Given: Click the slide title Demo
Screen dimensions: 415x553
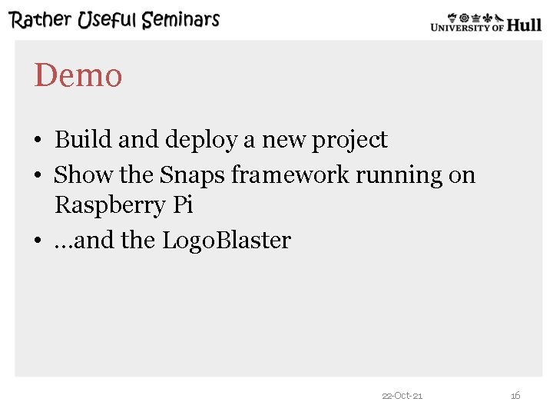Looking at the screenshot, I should coord(78,76).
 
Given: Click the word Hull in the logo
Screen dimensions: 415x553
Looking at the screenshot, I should coord(524,25).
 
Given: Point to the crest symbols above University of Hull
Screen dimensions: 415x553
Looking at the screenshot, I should coord(475,16).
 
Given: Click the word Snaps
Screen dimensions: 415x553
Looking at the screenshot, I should coord(192,176).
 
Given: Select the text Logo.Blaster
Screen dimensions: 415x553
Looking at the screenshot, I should coord(226,241).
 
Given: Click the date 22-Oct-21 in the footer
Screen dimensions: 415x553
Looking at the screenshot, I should coord(402,396).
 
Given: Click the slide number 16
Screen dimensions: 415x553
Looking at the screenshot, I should coord(515,396).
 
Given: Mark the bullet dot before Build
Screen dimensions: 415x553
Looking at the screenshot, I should coord(37,141).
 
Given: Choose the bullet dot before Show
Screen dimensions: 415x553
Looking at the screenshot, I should coord(37,176).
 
